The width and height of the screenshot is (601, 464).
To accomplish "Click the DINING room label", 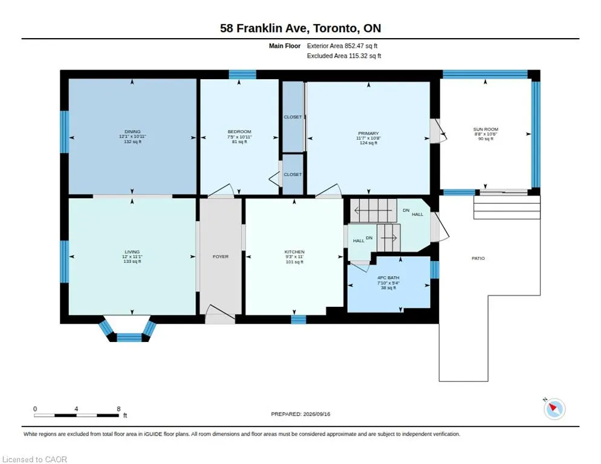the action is pos(132,132).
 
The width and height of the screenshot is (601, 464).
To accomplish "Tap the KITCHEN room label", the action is pos(294,252).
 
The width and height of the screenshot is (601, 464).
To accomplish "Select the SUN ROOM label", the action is pos(486,129).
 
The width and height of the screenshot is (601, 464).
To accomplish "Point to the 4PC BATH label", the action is pos(388,277).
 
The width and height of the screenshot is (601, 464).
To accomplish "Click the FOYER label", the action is pos(221,256).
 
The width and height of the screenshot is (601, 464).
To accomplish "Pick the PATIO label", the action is pos(478,258).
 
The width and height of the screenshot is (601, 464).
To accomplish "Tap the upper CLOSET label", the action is pos(293,117).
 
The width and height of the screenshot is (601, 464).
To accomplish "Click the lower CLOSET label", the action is pos(293,175).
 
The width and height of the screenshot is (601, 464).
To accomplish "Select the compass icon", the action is pos(554,408).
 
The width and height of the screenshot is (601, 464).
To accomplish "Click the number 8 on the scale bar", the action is pos(119,409).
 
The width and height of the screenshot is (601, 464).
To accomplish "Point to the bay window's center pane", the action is pos(129,338).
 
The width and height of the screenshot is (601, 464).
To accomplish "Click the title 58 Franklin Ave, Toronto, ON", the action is pos(300,28).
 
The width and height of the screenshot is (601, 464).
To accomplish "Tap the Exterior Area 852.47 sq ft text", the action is pos(342,46).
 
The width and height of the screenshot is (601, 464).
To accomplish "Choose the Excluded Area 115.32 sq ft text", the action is pos(344,56).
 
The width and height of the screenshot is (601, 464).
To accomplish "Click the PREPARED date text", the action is pos(300,414).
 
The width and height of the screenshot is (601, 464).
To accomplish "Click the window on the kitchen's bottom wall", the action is pos(299,319).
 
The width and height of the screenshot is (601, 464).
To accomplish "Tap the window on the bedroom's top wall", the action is pos(242,74).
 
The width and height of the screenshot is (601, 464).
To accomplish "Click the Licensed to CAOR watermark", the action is pos(34,459).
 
